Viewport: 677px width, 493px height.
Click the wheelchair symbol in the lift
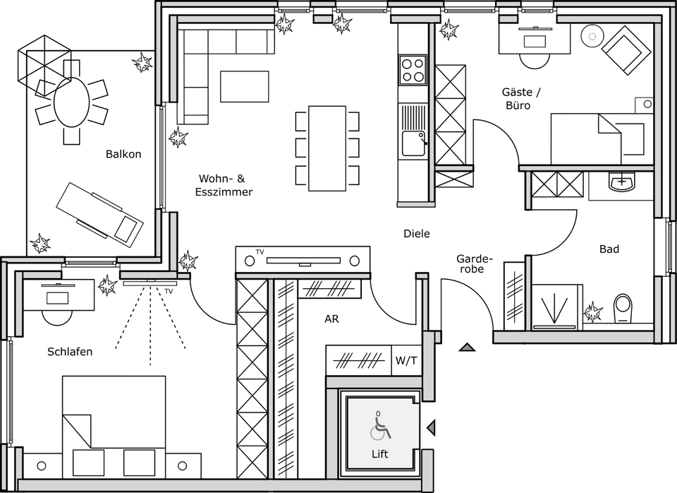pos(380,426)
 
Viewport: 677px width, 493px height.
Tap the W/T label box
pos(406,361)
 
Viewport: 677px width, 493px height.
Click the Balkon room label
pos(123,154)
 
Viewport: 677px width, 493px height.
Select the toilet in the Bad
pos(623,309)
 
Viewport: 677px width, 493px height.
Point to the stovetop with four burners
pos(413,70)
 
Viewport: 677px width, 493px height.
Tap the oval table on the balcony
pos(72,102)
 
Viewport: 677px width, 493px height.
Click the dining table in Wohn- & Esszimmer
pos(327,148)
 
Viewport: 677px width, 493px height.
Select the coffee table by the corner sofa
pos(244,86)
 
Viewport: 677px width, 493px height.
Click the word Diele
pos(416,234)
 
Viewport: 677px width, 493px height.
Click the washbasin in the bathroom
pos(621,184)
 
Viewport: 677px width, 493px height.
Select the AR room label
pos(331,319)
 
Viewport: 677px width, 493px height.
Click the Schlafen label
pos(70,351)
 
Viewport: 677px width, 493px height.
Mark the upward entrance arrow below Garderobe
pos(466,347)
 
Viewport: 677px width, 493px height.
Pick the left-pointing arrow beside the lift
pos(431,427)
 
